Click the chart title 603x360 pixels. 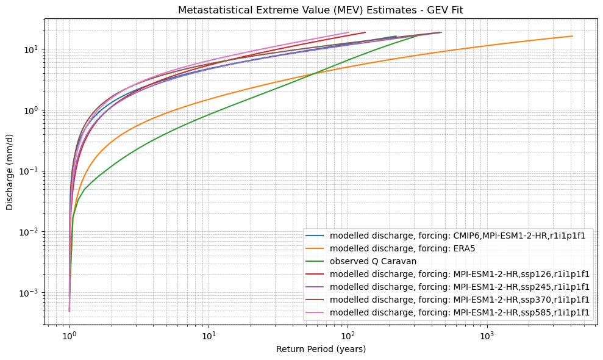coord(321,10)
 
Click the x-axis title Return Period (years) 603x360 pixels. coord(321,349)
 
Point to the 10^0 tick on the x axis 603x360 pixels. coord(70,335)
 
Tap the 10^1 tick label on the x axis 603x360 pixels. coord(209,335)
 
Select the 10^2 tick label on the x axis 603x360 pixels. coord(348,335)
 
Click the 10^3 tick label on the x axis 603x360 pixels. coord(487,335)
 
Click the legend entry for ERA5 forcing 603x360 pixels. coord(402,248)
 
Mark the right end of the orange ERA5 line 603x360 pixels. coord(572,36)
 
